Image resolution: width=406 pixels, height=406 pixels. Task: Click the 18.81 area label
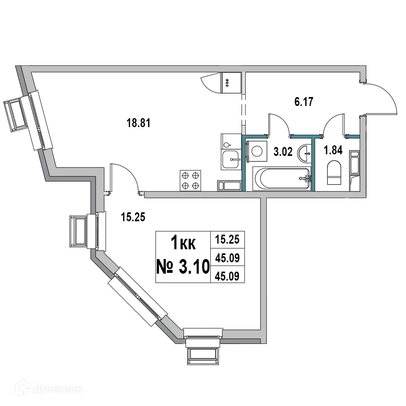[139, 123]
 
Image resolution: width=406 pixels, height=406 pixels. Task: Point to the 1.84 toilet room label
[333, 151]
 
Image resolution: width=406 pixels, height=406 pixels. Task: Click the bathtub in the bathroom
[282, 178]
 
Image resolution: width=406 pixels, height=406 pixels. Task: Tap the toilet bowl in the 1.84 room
[334, 173]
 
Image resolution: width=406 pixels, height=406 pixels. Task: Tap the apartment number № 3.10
[183, 267]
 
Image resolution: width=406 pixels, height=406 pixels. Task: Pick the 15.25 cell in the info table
[227, 239]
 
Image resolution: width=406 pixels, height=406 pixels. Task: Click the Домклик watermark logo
[43, 389]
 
